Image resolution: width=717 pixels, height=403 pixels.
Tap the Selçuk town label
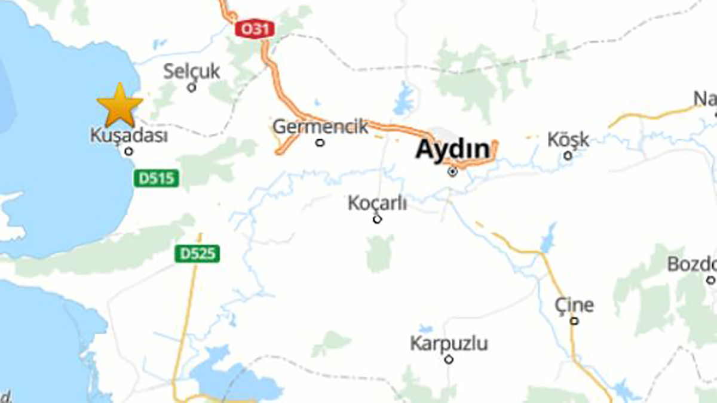pos(192,72)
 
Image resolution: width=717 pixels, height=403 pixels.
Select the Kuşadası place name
pos(128,136)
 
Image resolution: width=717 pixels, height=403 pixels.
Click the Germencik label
pos(320,127)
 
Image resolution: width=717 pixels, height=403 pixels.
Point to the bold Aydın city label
pos(452,149)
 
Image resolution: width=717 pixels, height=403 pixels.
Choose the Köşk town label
pos(568,140)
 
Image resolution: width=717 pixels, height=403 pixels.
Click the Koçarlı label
pos(377,203)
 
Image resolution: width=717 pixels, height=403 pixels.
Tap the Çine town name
pos(574,305)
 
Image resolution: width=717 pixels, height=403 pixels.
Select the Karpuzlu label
pos(449,343)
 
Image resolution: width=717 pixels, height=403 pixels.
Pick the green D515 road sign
pos(157,178)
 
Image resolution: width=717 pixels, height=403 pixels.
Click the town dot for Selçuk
pos(192,87)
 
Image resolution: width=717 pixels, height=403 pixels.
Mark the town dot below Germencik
pos(320,143)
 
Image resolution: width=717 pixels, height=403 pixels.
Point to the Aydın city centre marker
pos(453,172)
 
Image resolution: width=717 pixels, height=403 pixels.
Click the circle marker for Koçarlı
pos(377,219)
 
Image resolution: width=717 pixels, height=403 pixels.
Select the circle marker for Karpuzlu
pos(449,359)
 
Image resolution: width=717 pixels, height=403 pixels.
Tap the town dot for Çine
pos(574,321)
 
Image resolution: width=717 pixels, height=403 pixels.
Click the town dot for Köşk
pos(568,156)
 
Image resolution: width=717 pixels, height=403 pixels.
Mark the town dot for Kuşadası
pos(128,152)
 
